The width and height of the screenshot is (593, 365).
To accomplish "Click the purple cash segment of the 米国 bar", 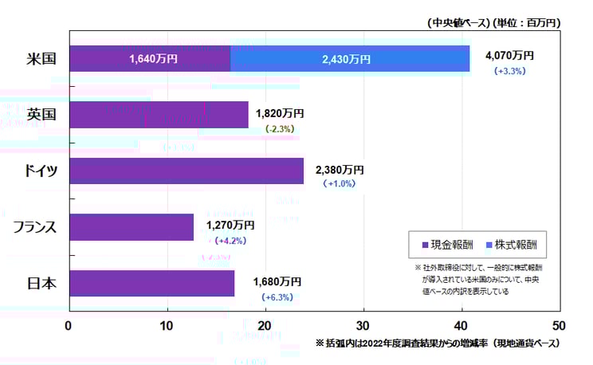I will click(150, 59).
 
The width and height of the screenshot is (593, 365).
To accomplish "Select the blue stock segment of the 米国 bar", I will click(350, 59).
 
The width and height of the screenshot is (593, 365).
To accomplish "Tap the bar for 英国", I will click(159, 115).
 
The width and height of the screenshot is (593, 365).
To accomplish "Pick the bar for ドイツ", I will click(187, 171).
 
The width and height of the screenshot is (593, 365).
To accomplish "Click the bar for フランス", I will click(132, 226).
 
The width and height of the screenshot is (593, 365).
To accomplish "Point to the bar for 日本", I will click(152, 283).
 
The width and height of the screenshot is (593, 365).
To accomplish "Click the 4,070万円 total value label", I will click(509, 56).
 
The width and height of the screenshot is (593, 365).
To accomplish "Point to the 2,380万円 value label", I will click(340, 169).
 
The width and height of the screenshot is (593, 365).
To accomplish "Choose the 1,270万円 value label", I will click(230, 226).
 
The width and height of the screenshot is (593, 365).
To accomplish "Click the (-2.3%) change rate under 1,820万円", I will click(281, 128).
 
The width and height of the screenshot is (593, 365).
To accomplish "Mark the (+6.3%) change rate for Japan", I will click(277, 297).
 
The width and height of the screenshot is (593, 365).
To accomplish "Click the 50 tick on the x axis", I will click(560, 326).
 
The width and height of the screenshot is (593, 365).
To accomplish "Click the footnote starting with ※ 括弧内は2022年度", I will click(438, 343).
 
